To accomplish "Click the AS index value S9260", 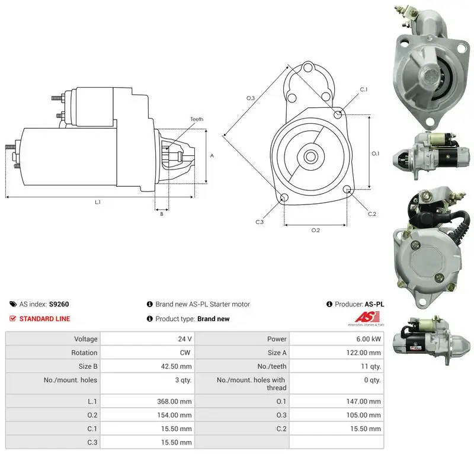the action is tap(59, 304).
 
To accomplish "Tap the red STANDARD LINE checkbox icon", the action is tap(12, 319).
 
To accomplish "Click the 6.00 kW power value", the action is tap(368, 339).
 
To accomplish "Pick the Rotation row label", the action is tap(84, 353).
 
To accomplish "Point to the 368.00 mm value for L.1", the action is tap(174, 401).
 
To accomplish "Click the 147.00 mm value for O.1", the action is tap(363, 401).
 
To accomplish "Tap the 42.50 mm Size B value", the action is tap(176, 367).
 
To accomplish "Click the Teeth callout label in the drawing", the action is tap(197, 119).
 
